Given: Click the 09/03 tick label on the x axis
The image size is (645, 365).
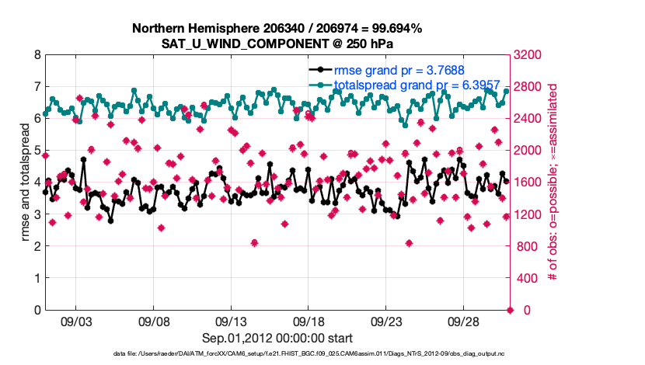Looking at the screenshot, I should [x=76, y=321].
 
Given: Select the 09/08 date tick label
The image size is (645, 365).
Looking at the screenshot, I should [x=154, y=321].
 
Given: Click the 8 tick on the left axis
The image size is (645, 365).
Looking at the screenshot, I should [x=36, y=55].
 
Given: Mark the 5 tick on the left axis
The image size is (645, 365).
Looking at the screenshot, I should [x=36, y=151].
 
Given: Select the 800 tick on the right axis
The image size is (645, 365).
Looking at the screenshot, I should [x=528, y=247].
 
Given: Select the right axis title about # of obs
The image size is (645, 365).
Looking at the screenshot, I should [x=554, y=182].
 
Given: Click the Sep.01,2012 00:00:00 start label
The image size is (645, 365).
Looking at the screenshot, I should [x=277, y=338].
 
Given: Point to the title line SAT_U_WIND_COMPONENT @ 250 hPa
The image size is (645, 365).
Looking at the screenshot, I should [x=277, y=43].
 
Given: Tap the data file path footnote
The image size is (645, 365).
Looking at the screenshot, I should [x=277, y=355].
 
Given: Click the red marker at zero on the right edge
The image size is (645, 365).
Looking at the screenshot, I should [x=511, y=311].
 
